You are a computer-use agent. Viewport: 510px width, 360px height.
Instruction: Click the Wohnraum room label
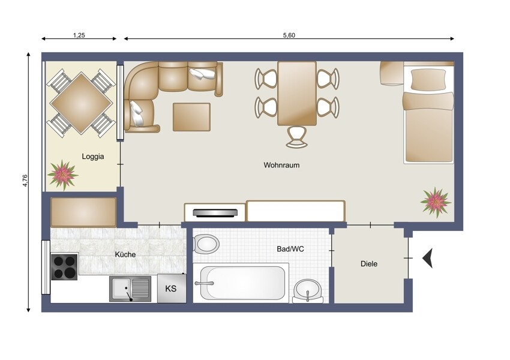click(281, 165)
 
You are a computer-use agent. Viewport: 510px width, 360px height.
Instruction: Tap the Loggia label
click(92, 157)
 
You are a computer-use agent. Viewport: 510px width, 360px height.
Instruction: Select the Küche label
click(125, 254)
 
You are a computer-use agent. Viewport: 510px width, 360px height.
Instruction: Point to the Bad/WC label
click(290, 249)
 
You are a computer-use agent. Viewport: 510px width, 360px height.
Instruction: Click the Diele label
click(369, 264)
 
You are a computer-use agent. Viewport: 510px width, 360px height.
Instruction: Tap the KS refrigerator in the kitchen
click(172, 288)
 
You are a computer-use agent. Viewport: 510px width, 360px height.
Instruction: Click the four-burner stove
click(64, 266)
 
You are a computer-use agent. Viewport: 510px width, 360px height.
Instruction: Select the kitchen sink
click(130, 289)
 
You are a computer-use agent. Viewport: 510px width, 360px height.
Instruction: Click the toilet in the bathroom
click(206, 244)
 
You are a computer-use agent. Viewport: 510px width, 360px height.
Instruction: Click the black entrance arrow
click(428, 258)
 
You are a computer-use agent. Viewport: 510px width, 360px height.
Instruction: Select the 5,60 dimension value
click(289, 35)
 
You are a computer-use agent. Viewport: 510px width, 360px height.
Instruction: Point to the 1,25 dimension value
click(79, 35)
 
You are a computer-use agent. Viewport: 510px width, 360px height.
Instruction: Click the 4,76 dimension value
click(25, 181)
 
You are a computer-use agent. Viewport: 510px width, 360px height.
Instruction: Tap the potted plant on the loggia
click(62, 175)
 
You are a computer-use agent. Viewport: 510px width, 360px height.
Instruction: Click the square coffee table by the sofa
click(191, 117)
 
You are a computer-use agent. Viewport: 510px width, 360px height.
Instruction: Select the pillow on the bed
click(428, 79)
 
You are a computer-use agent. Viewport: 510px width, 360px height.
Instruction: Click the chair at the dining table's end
click(296, 137)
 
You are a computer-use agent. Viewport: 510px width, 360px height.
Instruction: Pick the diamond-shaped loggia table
click(82, 103)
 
